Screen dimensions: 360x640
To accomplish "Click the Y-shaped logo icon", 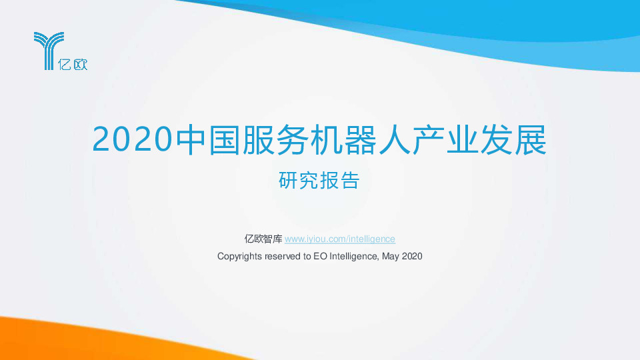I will pyautogui.click(x=49, y=49).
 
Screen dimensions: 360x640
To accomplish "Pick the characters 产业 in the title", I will pyautogui.click(x=455, y=139).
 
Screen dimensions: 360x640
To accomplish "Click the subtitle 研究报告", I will pyautogui.click(x=319, y=181).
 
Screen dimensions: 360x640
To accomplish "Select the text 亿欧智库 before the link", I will pyautogui.click(x=264, y=239).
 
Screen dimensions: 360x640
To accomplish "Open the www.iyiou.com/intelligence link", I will pyautogui.click(x=340, y=239).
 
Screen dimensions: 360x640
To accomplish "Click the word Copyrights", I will pyautogui.click(x=240, y=255).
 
